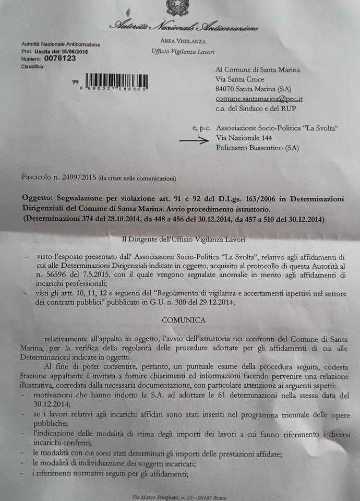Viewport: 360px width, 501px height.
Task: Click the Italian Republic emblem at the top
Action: click(177, 7)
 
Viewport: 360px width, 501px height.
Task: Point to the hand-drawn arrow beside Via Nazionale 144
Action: click(194, 139)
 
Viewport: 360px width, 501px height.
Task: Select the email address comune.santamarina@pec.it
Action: click(259, 99)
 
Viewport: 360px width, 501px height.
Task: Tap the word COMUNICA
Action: click(183, 319)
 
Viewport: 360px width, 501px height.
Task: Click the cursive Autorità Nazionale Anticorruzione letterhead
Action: click(183, 26)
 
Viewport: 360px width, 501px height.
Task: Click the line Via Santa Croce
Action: click(240, 79)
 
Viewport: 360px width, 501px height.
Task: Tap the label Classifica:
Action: click(33, 67)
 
